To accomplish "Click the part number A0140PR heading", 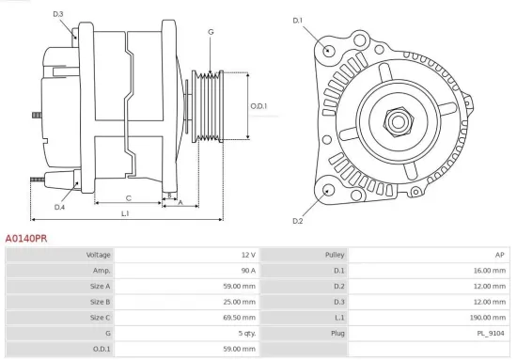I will pyautogui.click(x=26, y=240).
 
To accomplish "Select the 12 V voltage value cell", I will pyautogui.click(x=247, y=255).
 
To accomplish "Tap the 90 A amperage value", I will pyautogui.click(x=247, y=271).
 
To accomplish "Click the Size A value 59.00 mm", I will pyautogui.click(x=238, y=286).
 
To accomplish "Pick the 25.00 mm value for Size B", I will pyautogui.click(x=238, y=302).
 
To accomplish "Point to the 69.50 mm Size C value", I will pyautogui.click(x=238, y=318).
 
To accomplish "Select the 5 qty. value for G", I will pyautogui.click(x=244, y=333).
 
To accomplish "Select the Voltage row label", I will pyautogui.click(x=99, y=255).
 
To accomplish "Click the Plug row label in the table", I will pyautogui.click(x=337, y=333).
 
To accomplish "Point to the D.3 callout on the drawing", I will pyautogui.click(x=58, y=14).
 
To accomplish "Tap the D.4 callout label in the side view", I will pyautogui.click(x=59, y=207).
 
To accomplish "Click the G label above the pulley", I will pyautogui.click(x=210, y=32).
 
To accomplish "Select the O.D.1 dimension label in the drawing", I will pyautogui.click(x=259, y=106).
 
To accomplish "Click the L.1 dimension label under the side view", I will pyautogui.click(x=126, y=213).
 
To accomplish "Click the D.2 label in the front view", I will pyautogui.click(x=297, y=221).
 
